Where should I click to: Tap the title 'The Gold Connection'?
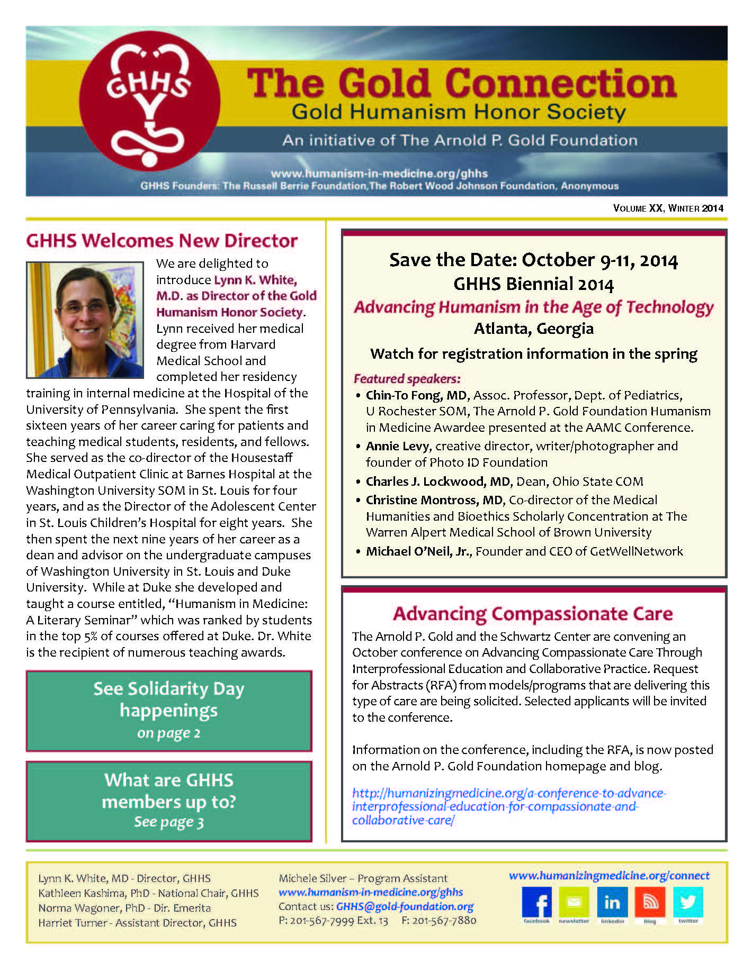point(462,84)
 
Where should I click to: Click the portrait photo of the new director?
point(85,320)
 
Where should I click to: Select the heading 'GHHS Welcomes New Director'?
point(162,241)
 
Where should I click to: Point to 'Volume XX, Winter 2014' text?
point(668,208)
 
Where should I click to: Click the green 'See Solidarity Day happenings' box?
point(169,710)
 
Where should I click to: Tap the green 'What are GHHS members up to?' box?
point(169,801)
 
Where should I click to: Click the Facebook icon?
point(536,902)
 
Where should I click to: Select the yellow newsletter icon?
point(574,902)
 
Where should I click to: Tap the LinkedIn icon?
point(612,902)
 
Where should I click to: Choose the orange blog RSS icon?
point(650,902)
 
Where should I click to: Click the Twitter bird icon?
point(688,902)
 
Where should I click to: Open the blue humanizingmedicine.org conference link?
point(508,806)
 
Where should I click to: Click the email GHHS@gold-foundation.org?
point(405,906)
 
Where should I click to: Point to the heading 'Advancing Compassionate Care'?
point(533,614)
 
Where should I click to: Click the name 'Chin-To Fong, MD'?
point(416,395)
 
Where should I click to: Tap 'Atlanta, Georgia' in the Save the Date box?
point(533,329)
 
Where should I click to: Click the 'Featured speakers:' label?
point(407,379)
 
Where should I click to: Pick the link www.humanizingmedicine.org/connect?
point(609,875)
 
